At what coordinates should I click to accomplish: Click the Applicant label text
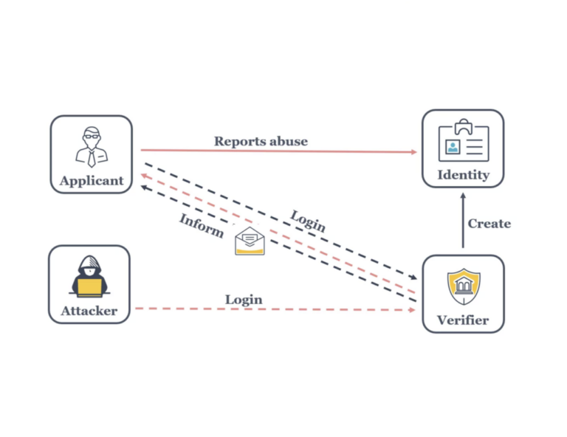click(x=92, y=181)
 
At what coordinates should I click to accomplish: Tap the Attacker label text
click(x=89, y=311)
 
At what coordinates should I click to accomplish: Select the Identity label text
click(x=463, y=175)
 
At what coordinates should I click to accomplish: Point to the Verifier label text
click(x=462, y=320)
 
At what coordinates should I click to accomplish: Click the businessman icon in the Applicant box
click(x=91, y=146)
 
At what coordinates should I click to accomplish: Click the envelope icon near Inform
click(x=250, y=241)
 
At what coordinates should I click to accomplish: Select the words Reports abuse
click(x=261, y=141)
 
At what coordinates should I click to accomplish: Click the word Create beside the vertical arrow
click(x=489, y=223)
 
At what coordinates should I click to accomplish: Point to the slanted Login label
click(x=308, y=221)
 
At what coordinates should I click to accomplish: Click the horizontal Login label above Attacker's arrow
click(x=244, y=299)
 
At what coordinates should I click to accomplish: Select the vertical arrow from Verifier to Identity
click(x=463, y=221)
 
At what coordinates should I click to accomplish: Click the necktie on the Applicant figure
click(x=91, y=157)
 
